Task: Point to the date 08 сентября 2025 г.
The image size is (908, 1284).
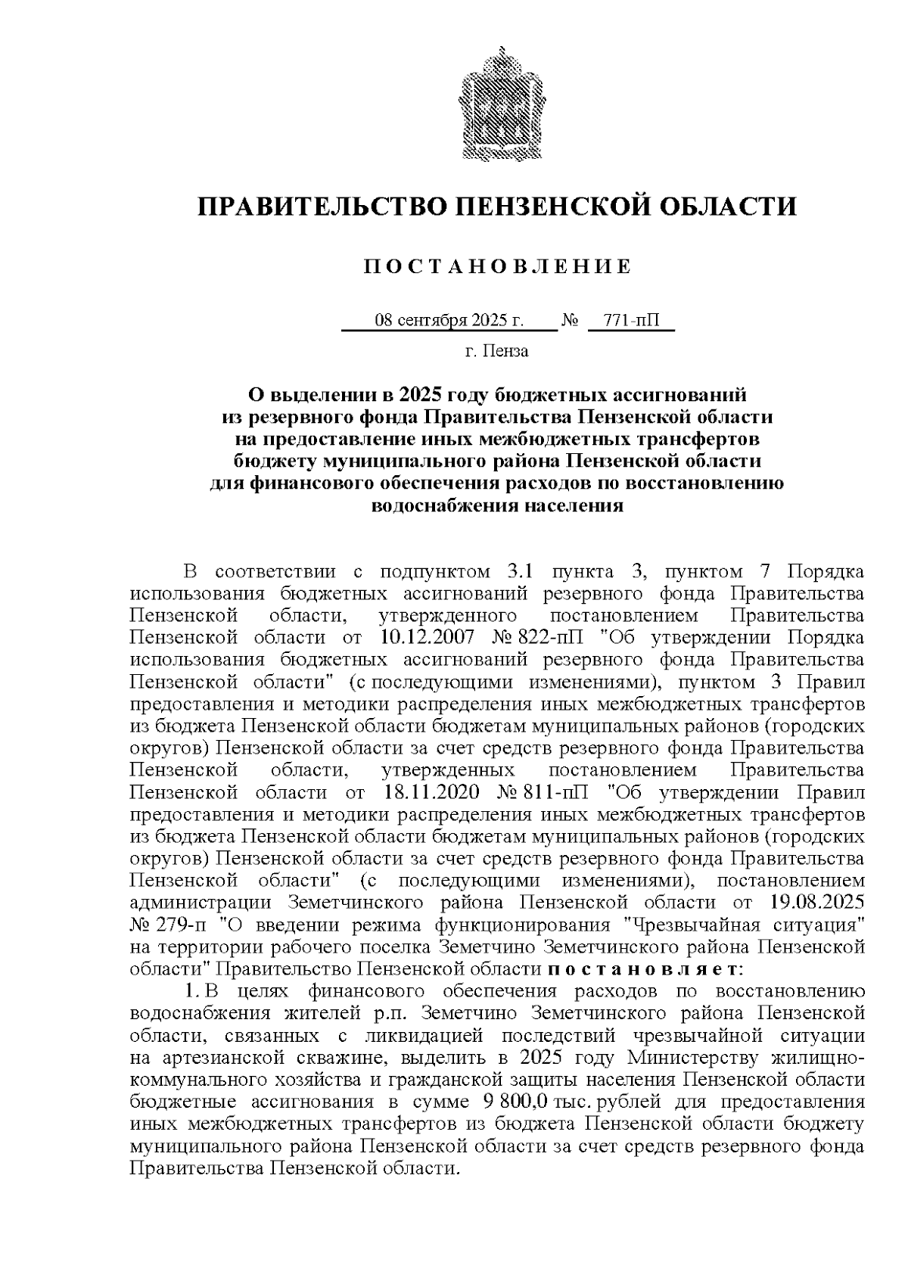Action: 449,321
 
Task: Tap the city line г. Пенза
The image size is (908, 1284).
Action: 496,351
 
